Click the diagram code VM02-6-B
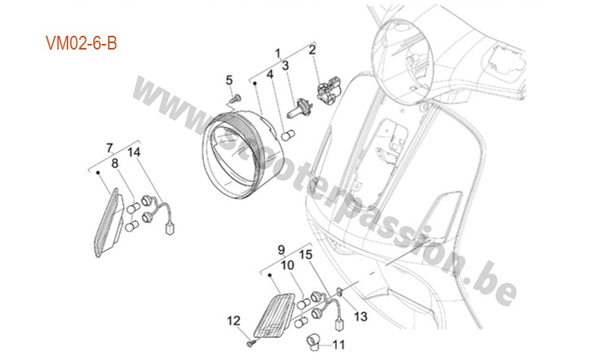click(x=81, y=43)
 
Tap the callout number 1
click(x=278, y=53)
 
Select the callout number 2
click(x=312, y=50)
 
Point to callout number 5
click(x=229, y=80)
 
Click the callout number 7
click(x=110, y=148)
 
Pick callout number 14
click(x=134, y=152)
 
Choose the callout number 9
click(x=281, y=250)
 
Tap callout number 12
click(x=234, y=321)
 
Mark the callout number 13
click(x=361, y=316)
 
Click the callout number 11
click(x=339, y=345)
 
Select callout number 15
click(x=306, y=254)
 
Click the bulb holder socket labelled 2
click(x=329, y=90)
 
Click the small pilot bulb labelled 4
click(x=288, y=136)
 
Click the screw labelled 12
click(x=251, y=344)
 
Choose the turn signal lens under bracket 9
click(x=274, y=315)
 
